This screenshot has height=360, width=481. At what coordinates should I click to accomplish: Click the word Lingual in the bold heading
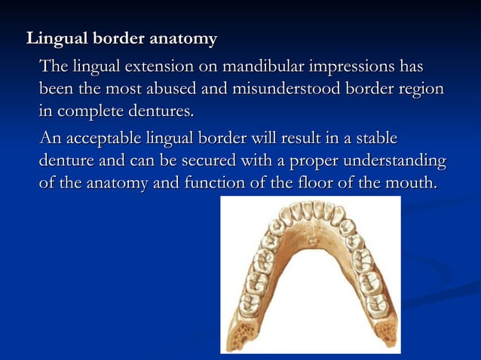pos(52,38)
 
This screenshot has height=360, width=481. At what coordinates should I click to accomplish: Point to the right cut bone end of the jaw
pos(385,332)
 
